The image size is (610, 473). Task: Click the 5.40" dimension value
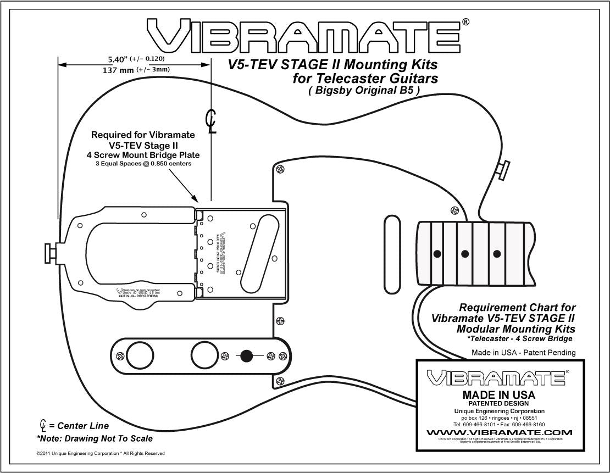(118, 58)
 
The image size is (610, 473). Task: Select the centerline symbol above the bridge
(210, 121)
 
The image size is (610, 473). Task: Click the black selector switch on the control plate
(247, 356)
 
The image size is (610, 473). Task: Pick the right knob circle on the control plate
(204, 354)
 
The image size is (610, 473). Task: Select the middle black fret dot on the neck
(465, 253)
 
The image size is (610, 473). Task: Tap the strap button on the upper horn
(503, 170)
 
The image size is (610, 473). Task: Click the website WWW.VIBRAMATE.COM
(499, 432)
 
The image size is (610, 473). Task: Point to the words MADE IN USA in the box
(499, 394)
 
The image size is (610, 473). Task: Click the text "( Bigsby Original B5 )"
(364, 91)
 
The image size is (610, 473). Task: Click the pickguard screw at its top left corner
(281, 169)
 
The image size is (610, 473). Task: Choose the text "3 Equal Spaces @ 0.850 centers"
(143, 164)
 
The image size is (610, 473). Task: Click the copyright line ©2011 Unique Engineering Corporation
(100, 453)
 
